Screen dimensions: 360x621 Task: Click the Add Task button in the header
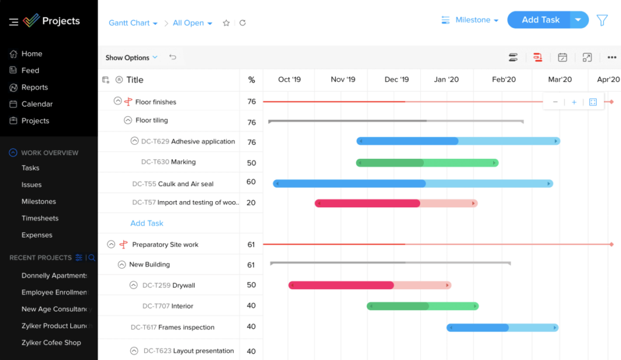540,20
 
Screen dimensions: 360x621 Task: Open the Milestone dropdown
471,20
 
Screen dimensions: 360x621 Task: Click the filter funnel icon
602,20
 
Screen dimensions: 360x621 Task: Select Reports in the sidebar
34,87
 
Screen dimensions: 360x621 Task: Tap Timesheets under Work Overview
39,218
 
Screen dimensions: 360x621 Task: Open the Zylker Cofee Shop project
51,342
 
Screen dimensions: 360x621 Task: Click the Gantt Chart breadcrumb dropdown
133,23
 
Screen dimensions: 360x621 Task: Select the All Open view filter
192,23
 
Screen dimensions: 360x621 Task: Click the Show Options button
131,58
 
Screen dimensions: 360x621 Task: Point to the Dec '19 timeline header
397,79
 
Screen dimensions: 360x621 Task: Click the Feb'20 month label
503,79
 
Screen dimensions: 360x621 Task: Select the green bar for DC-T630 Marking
427,162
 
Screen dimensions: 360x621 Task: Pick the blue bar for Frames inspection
502,327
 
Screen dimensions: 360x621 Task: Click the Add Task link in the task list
147,223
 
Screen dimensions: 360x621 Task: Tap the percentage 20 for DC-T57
251,203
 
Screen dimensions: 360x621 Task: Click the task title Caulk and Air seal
186,184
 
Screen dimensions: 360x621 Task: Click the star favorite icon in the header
226,23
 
